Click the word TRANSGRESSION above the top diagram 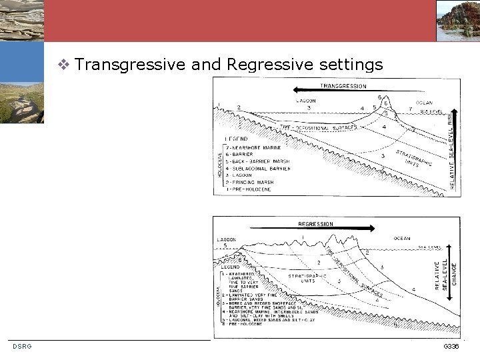pos(343,86)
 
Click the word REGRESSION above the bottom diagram pos(315,224)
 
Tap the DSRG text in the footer pos(22,346)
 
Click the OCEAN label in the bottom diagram pos(402,238)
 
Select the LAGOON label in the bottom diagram pos(227,239)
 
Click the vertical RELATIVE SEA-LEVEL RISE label pos(453,150)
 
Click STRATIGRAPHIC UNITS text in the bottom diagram pos(306,277)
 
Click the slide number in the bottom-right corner pos(451,347)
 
